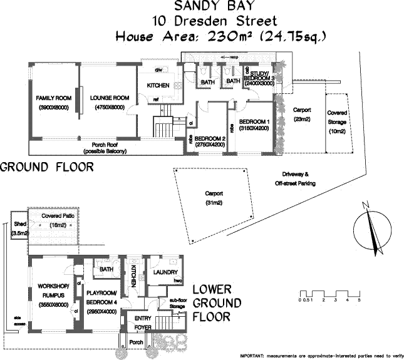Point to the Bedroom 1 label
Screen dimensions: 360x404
click(254, 125)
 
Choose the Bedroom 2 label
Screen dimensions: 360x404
click(210, 141)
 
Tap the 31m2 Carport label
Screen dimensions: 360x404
click(214, 198)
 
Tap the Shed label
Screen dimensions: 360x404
click(20, 228)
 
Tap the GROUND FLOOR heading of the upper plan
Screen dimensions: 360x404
click(47, 167)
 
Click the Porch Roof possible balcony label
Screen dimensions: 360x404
click(105, 147)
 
